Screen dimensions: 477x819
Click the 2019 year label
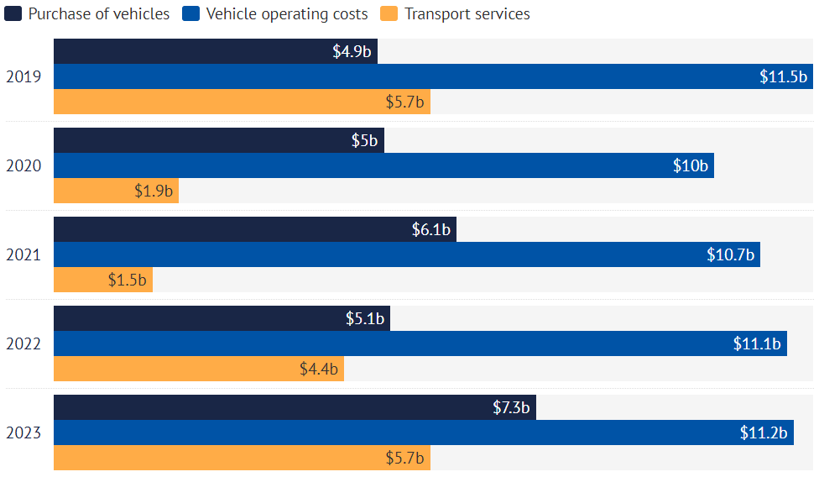pyautogui.click(x=23, y=77)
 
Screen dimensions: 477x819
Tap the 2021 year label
pyautogui.click(x=23, y=255)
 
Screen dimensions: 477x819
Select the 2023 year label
pyautogui.click(x=23, y=433)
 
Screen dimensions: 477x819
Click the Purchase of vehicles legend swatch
pyautogui.click(x=13, y=14)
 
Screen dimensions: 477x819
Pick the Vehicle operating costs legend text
pyautogui.click(x=286, y=14)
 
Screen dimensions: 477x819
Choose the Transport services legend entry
pyautogui.click(x=467, y=14)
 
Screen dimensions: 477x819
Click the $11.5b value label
pyautogui.click(x=783, y=77)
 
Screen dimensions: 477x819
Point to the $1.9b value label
pyautogui.click(x=154, y=191)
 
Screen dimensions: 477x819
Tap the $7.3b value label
pyautogui.click(x=511, y=408)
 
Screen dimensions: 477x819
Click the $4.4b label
pyautogui.click(x=319, y=370)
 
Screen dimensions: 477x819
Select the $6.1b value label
pyautogui.click(x=431, y=230)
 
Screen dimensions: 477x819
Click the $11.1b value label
pyautogui.click(x=757, y=344)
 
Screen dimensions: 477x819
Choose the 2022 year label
pyautogui.click(x=23, y=344)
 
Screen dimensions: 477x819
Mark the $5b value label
pyautogui.click(x=364, y=141)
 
